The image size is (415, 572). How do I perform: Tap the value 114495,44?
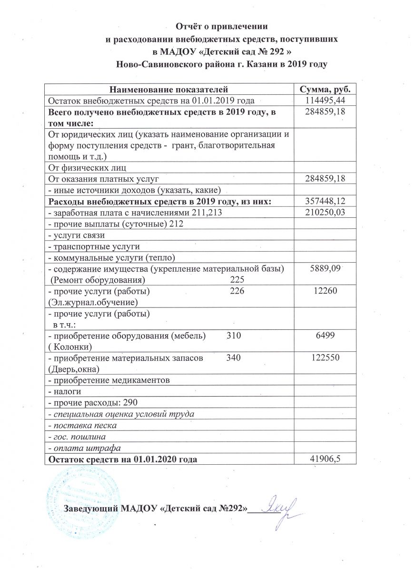326,100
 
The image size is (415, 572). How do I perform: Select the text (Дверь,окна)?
72,368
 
